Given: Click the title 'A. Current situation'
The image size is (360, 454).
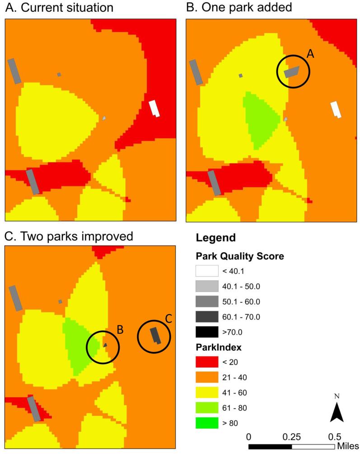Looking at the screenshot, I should coord(59,8).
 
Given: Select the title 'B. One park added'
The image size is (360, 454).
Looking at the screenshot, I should coord(239,8).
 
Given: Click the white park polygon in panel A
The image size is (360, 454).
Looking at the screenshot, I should coord(155,108).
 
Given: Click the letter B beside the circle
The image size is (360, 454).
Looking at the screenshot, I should coord(121,330).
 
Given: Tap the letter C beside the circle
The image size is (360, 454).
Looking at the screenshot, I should coord(168,319).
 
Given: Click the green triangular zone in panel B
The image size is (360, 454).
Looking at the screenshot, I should coord(259,119).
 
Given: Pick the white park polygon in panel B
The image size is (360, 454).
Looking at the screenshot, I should coord(336,109).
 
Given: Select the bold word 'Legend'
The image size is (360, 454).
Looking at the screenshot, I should coord(215,237).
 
